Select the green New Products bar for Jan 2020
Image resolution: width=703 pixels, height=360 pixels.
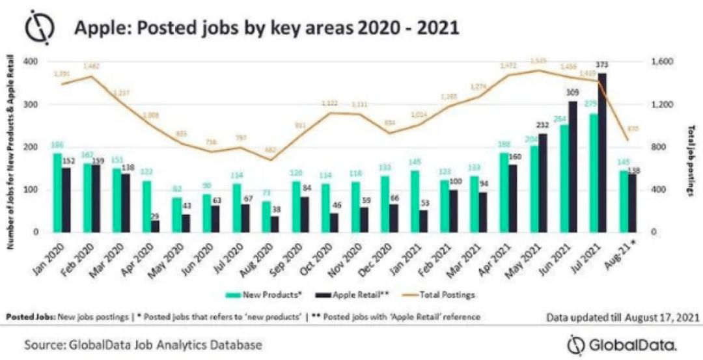coord(57,193)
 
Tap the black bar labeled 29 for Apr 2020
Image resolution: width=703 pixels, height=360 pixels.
coord(156,226)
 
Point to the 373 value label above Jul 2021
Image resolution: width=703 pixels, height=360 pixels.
coord(603,65)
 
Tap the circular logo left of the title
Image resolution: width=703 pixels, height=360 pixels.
coord(40,28)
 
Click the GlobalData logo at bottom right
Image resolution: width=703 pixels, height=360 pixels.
coord(622,343)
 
